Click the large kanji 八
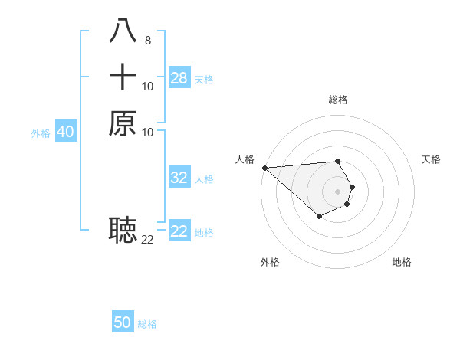click(123, 31)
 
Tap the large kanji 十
click(123, 77)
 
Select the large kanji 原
click(123, 123)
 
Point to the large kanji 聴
click(123, 228)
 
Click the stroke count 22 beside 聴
click(147, 239)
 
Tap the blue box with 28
click(179, 78)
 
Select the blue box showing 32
click(179, 178)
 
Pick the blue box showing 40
click(66, 132)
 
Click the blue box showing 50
click(123, 322)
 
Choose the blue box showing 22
click(179, 231)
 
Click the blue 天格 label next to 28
click(204, 80)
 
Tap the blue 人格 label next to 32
click(204, 179)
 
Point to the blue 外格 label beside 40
click(41, 133)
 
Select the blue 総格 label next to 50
click(147, 324)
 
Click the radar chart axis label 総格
click(337, 100)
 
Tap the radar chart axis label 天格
click(431, 159)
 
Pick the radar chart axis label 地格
click(402, 262)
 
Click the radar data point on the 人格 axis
click(264, 168)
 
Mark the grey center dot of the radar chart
click(337, 191)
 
